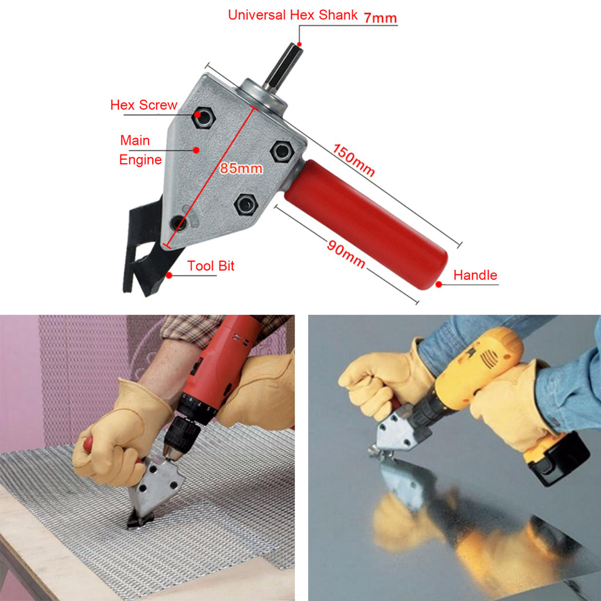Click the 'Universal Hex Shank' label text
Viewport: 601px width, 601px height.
(292, 15)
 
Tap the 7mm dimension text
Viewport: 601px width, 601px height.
(380, 18)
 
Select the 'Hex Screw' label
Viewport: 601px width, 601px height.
(144, 105)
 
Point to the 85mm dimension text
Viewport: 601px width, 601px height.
(241, 168)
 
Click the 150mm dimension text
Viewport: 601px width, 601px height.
(353, 160)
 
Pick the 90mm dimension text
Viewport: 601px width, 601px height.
(346, 254)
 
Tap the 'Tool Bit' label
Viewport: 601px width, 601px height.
(211, 266)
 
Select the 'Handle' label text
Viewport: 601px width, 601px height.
(475, 275)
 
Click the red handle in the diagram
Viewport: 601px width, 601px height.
(366, 224)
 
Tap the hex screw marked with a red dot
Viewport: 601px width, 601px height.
(203, 117)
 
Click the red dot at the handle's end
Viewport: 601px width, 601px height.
(439, 285)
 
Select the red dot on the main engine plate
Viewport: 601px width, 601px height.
(196, 150)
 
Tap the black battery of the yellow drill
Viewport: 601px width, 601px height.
(559, 458)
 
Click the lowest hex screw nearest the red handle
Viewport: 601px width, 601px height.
(246, 205)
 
